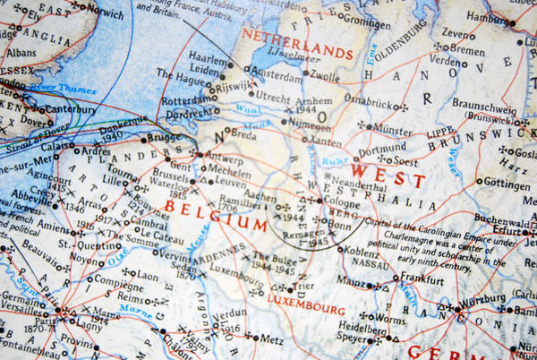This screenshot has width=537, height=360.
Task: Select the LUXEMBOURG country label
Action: click(306, 309)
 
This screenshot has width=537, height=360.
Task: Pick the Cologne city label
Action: click(343, 202)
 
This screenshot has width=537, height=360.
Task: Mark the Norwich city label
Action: click(105, 14)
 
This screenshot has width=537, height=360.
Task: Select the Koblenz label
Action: click(361, 253)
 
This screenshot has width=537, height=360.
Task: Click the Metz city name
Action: click(271, 339)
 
